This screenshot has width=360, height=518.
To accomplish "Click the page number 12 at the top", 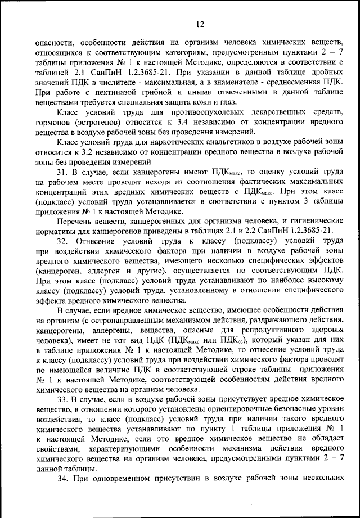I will pyautogui.click(x=200, y=23).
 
